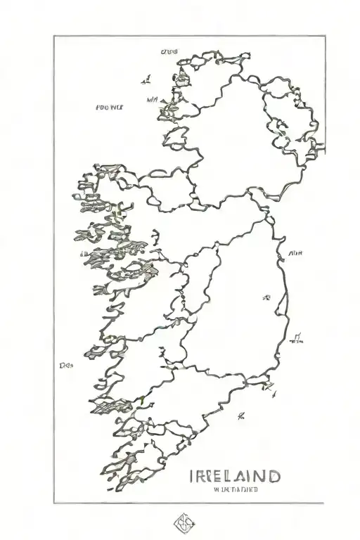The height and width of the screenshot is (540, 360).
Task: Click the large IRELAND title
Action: point(235,477)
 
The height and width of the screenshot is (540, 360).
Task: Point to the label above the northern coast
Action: point(169,51)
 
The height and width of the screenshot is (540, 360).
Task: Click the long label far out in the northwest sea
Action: point(109,108)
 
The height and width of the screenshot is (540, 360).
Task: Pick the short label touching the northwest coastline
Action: point(153,101)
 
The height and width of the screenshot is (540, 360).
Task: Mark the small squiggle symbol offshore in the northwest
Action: point(146,79)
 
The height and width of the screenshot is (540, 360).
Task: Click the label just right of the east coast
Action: point(295,252)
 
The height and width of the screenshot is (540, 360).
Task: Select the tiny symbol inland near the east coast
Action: point(266,298)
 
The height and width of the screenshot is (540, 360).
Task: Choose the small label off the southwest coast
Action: point(67,366)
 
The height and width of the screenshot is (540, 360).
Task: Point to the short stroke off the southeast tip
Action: point(269,386)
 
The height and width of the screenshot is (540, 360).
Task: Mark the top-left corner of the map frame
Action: point(54,36)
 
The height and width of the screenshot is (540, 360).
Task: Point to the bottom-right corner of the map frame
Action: point(324,503)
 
